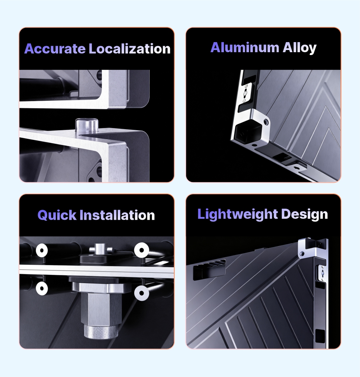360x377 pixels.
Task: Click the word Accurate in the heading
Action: (55, 49)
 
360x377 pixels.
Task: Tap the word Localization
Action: (130, 49)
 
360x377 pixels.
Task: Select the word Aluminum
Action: (245, 47)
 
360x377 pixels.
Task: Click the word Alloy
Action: (300, 48)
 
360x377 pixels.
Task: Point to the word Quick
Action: (57, 215)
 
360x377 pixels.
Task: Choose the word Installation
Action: (117, 215)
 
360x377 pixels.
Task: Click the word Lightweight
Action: (238, 214)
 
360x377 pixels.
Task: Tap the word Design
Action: (305, 214)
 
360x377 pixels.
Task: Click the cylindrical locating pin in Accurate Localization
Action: (87, 125)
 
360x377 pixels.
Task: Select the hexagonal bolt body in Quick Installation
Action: (101, 309)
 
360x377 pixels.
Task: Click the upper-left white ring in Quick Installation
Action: (42, 250)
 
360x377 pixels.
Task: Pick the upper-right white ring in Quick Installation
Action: (141, 250)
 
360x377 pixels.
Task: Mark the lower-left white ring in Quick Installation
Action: (42, 288)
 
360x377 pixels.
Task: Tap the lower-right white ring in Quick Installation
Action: (141, 293)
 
